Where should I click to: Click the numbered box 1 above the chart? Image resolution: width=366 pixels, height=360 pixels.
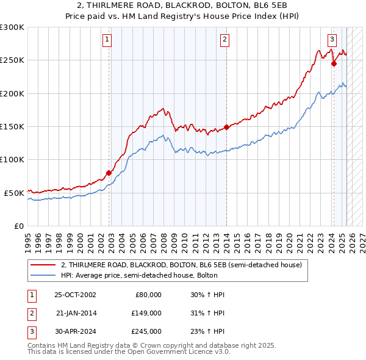click(107, 40)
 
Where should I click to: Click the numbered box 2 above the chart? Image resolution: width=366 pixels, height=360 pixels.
click(224, 40)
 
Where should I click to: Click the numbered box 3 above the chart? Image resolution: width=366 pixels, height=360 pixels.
click(332, 40)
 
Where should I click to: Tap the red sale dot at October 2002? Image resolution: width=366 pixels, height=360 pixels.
click(109, 173)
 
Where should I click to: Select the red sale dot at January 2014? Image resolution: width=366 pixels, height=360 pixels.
click(226, 127)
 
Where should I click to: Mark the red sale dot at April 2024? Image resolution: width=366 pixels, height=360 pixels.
click(334, 63)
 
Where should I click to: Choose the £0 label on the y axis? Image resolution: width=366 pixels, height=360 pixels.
click(19, 226)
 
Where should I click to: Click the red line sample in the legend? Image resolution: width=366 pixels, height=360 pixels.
click(44, 265)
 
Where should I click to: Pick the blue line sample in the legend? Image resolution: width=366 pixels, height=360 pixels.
click(44, 275)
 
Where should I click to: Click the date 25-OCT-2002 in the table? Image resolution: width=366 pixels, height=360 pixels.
click(75, 294)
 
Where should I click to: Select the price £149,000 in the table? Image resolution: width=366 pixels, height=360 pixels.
click(146, 313)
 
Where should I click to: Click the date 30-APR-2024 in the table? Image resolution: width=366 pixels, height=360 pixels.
click(75, 331)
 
